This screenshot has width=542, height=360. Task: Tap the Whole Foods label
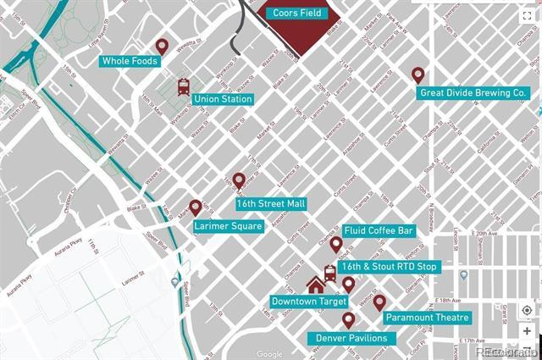coord(130,61)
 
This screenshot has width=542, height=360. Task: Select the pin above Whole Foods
coord(162,46)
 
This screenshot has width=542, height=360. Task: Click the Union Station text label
coord(223,99)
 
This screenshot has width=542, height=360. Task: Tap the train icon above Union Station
coord(183,86)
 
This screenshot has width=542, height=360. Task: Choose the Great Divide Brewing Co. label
coord(473,92)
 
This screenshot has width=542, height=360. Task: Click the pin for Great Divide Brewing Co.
coord(418,75)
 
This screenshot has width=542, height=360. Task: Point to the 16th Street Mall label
coord(270,204)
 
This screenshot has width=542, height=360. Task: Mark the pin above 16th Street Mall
coord(239,180)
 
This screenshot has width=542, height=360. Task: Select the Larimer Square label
coord(229,226)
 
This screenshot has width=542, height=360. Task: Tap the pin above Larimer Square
coord(196,208)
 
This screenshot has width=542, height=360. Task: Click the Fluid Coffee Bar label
coord(379,230)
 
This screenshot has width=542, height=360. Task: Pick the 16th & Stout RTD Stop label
coord(389,267)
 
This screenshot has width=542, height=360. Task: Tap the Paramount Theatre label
coord(427,318)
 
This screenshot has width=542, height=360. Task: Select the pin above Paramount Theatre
coord(379,302)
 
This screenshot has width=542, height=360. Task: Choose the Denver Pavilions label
coord(351,338)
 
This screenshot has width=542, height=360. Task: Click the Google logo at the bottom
coord(269,354)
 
